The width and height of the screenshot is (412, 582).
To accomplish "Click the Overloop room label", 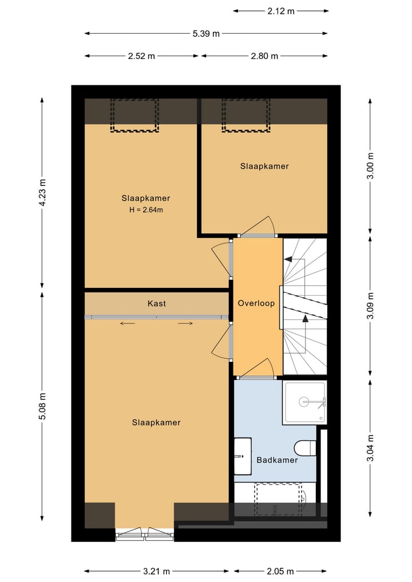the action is [256, 303].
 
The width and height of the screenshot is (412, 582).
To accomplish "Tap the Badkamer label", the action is [277, 460].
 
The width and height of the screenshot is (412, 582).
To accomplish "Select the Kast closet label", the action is [157, 304].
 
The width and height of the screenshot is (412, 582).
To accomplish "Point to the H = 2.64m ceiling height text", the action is [146, 209].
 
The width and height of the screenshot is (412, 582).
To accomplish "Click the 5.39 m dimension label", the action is [206, 34].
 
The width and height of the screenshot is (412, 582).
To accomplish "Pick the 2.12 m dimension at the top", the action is [281, 11].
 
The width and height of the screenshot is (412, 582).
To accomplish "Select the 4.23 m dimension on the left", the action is [43, 192].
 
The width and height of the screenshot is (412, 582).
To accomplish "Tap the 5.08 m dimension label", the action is [43, 406].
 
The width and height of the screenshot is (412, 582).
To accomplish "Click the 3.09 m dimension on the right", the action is [370, 306].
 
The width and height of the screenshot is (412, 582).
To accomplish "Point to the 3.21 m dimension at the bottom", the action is [157, 571].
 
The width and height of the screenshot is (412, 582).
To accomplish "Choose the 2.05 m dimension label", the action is [280, 571].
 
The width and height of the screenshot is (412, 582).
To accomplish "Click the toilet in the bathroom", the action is [305, 448].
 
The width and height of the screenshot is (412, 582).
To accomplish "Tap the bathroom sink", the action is [243, 456].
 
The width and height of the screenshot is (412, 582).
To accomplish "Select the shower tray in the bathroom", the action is [304, 402].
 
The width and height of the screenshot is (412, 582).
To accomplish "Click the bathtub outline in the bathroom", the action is [278, 499].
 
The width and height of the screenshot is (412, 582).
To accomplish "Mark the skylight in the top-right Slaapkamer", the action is [245, 116].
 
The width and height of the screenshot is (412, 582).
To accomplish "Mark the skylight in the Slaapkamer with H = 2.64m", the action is [134, 116].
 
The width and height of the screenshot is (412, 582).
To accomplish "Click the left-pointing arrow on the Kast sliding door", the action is [127, 323].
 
